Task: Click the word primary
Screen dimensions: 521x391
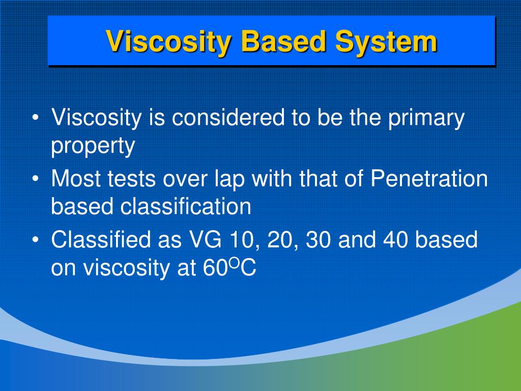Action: [x=426, y=119]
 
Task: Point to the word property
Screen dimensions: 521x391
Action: [x=93, y=147]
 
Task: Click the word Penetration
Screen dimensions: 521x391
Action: [x=428, y=178]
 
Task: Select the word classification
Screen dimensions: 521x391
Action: [x=185, y=206]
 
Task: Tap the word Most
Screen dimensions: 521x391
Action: [x=76, y=179]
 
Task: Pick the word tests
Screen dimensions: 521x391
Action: [x=132, y=179]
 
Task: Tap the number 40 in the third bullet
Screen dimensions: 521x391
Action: [x=395, y=240]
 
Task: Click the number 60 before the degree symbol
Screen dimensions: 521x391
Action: [x=215, y=267]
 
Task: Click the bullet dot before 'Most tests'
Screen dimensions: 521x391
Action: [x=36, y=179]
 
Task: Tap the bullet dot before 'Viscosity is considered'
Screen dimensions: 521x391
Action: [x=36, y=118]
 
